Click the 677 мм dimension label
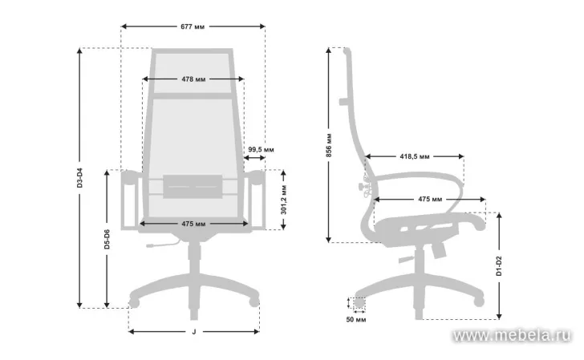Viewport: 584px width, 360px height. [193, 26]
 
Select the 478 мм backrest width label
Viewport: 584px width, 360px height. [193, 79]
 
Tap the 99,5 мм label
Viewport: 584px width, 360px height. [261, 149]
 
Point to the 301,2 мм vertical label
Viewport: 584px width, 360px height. [284, 200]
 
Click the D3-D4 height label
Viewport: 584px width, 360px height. [80, 178]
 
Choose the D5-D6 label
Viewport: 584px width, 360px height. [107, 240]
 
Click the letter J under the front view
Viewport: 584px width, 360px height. [193, 332]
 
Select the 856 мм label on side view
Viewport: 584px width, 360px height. [329, 145]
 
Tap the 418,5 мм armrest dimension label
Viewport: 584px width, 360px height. [415, 156]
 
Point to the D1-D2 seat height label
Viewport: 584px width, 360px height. [499, 266]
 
